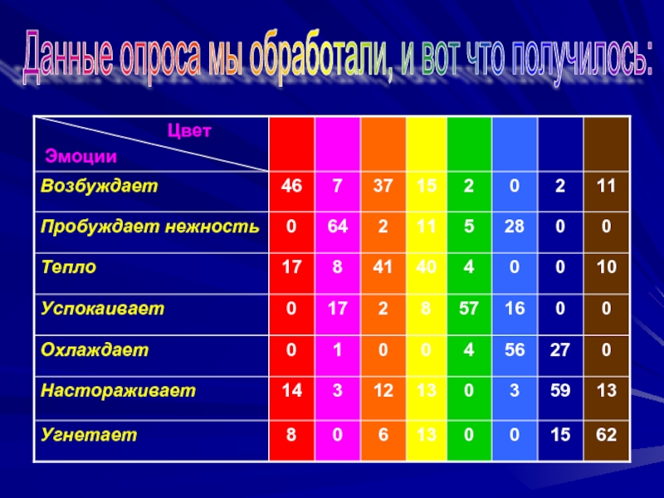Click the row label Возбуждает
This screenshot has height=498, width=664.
(99, 186)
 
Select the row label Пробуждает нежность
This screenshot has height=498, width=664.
(150, 227)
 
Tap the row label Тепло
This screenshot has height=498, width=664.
(69, 267)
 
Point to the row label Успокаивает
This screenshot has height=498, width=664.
(102, 308)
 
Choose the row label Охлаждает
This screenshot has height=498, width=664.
(95, 349)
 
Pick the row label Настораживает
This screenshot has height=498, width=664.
(118, 390)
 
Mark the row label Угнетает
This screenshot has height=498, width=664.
(89, 435)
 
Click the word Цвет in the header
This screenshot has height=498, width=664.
(189, 130)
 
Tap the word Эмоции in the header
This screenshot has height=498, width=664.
(81, 156)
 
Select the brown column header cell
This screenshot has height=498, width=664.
(606, 144)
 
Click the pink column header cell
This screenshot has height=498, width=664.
(337, 144)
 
